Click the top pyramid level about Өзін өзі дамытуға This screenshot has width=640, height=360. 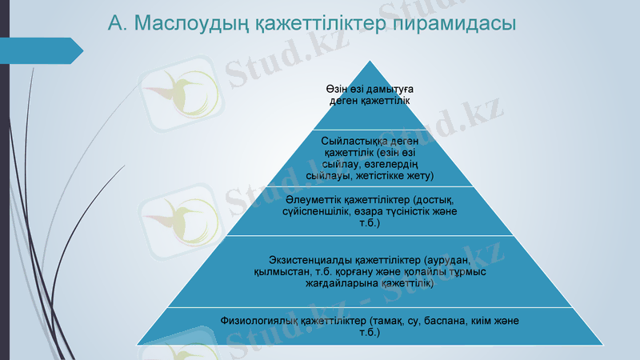(x=370, y=95)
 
